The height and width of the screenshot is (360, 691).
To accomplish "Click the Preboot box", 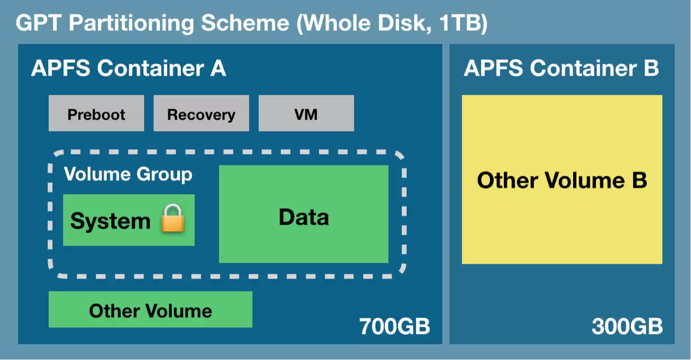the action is click(x=96, y=113).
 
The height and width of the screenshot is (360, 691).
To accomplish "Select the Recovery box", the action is click(x=201, y=113).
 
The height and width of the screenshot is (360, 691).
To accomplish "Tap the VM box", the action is click(x=307, y=113).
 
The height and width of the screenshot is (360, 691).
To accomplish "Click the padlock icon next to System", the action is click(x=173, y=218).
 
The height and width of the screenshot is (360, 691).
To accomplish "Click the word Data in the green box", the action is click(x=304, y=217).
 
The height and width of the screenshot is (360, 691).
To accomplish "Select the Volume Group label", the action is click(x=128, y=174).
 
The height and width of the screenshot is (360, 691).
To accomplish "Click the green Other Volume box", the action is click(x=151, y=309).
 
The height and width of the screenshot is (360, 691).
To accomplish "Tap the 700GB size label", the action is click(x=394, y=326).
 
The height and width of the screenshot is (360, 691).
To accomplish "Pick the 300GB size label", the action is click(x=627, y=326).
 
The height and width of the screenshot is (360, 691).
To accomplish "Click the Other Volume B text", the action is click(x=562, y=180).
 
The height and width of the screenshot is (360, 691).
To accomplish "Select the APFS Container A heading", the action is click(x=129, y=68).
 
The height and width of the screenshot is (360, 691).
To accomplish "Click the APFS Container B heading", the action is click(x=562, y=68).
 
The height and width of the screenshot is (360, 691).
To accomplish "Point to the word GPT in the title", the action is click(x=38, y=23).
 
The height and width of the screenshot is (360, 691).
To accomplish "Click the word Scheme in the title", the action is click(x=245, y=23).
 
